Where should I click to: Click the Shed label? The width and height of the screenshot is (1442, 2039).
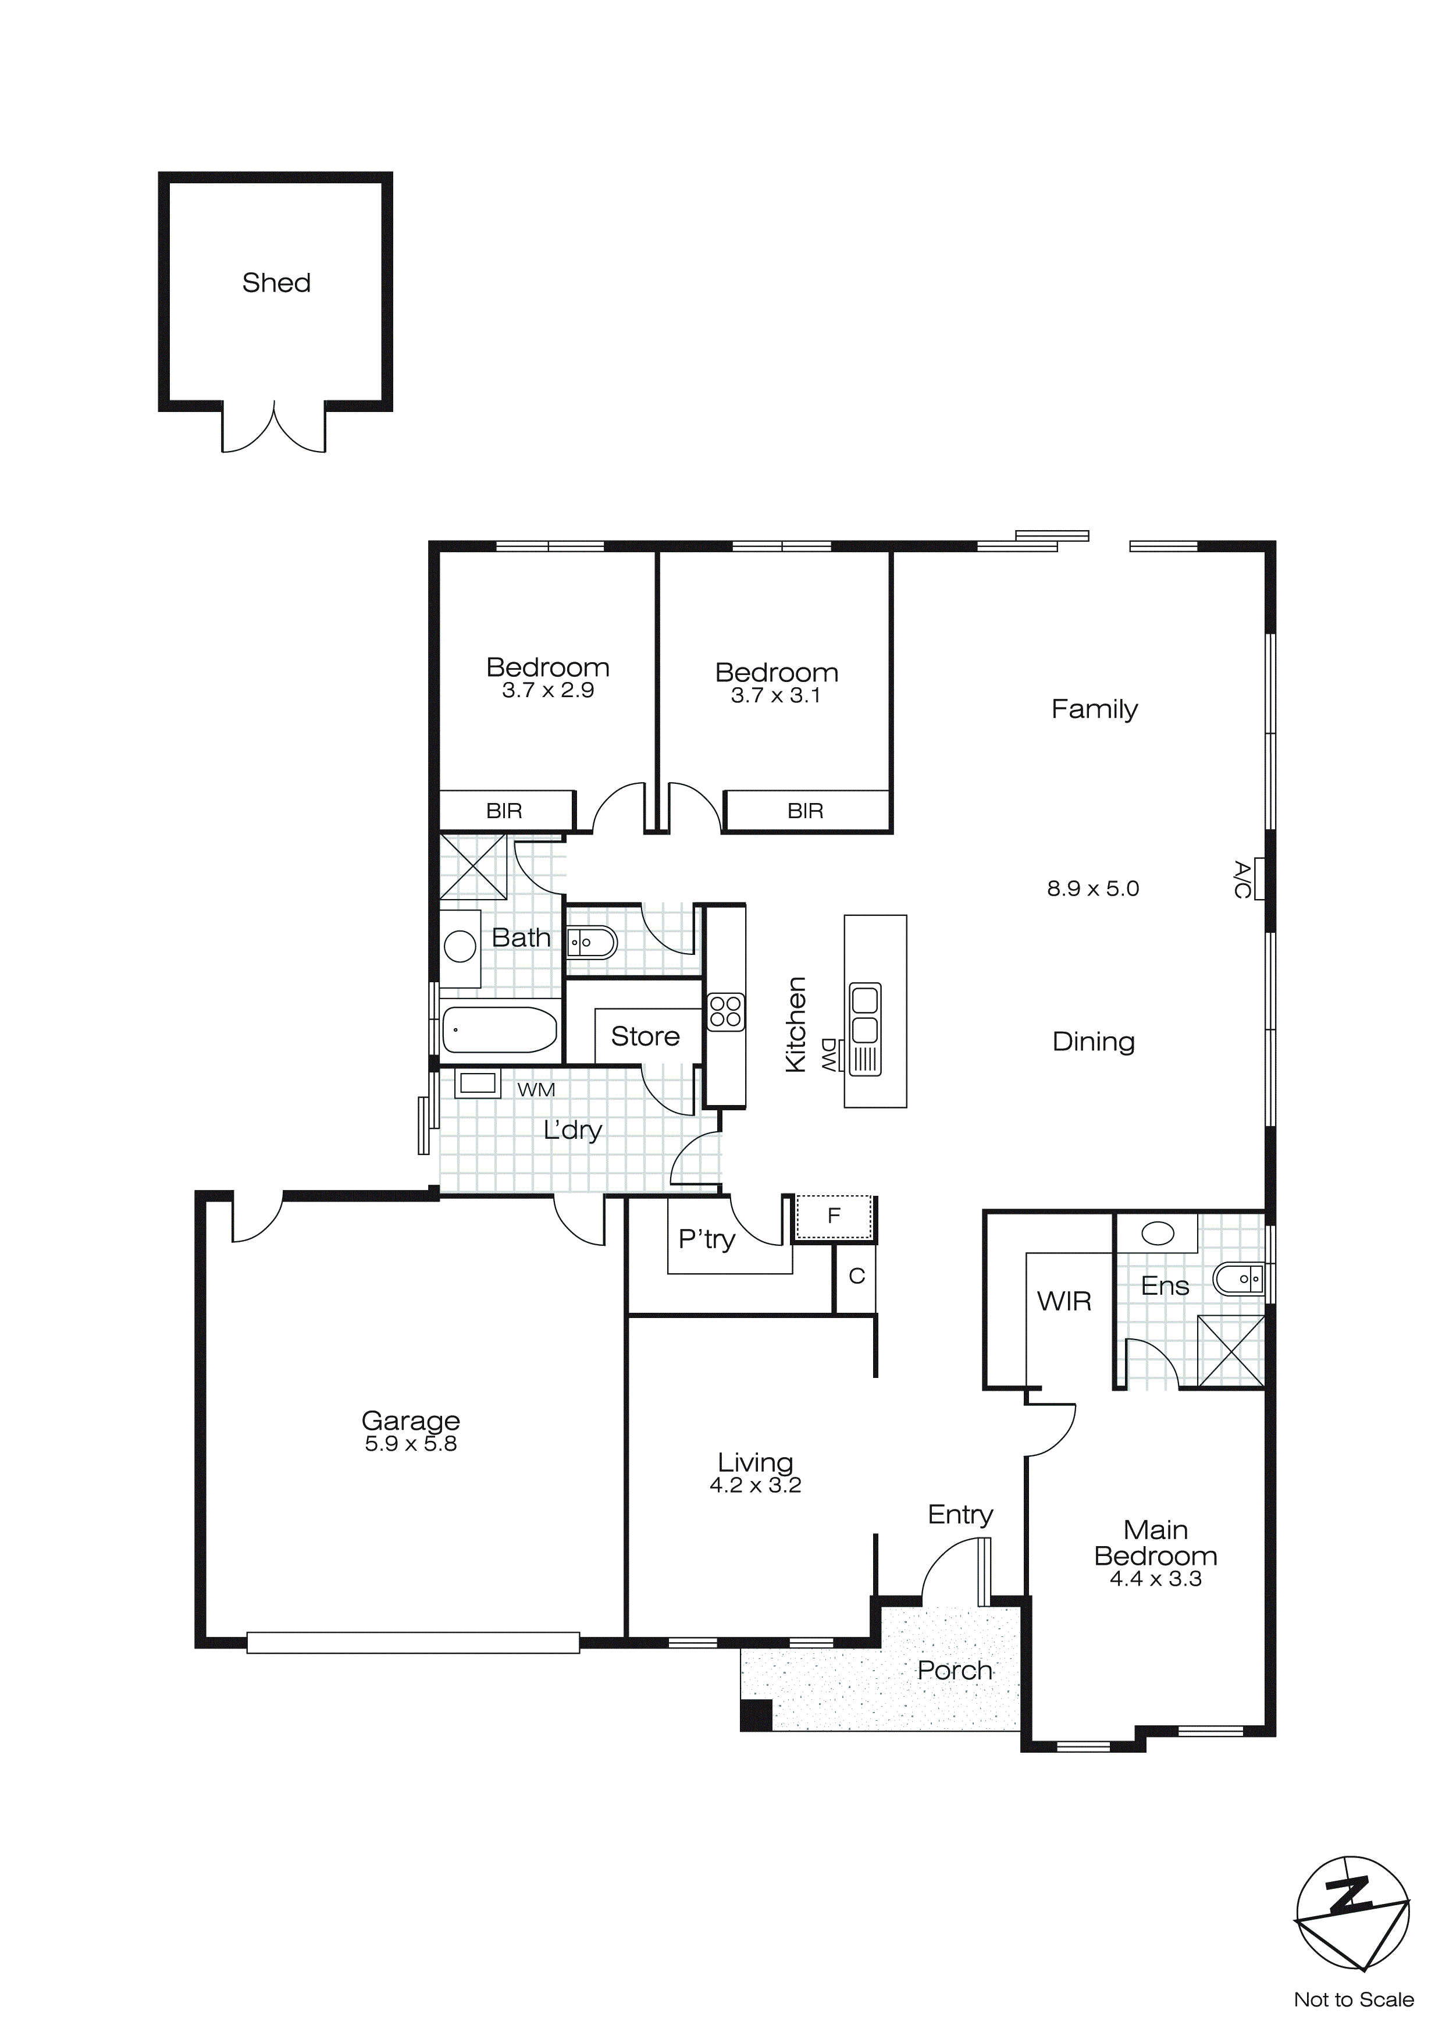point(276,283)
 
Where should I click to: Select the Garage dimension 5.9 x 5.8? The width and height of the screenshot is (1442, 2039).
point(410,1444)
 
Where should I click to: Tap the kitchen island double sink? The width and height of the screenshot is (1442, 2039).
point(865,1015)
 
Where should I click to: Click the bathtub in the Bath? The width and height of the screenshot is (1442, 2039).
point(499,1030)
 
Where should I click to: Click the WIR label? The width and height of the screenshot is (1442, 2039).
point(1064,1302)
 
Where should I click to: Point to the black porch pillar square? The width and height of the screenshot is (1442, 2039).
point(756,1715)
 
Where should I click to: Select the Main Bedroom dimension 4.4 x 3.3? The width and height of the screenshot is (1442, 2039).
point(1155,1579)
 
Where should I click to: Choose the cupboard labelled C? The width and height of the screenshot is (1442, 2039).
point(856,1276)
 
